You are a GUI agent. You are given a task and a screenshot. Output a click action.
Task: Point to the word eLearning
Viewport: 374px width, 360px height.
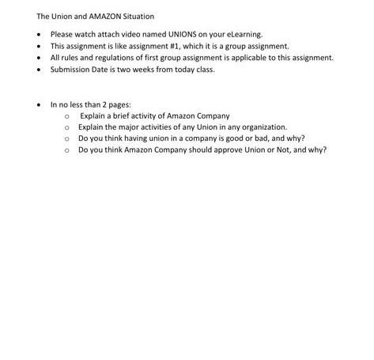pos(244,35)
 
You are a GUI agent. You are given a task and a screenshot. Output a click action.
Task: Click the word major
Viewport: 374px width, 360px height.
pos(127,127)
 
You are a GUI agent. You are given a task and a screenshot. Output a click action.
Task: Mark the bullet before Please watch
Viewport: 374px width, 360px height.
pos(40,35)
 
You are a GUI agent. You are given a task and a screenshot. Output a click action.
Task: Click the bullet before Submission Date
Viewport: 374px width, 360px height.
pos(40,70)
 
